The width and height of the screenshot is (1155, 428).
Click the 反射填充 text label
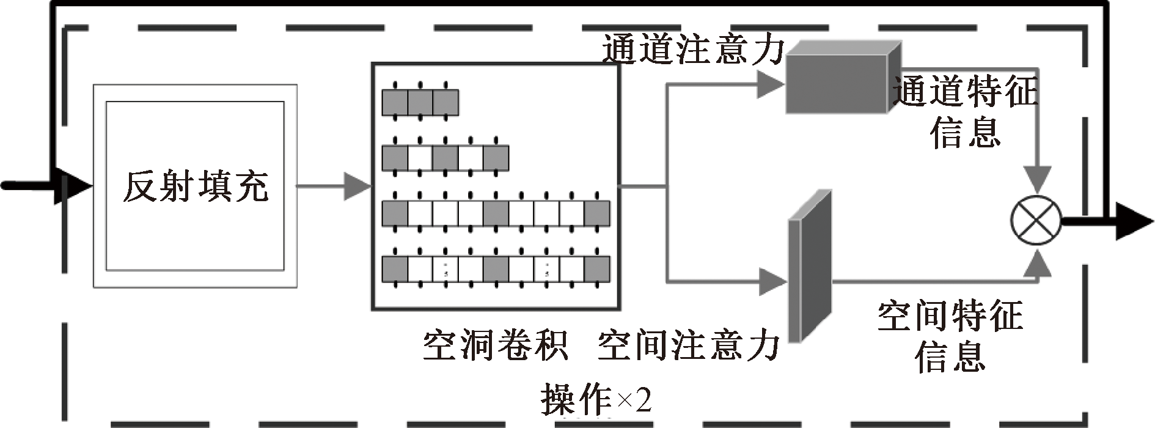pyautogui.click(x=195, y=186)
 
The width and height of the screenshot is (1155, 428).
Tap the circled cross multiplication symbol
pyautogui.click(x=1036, y=222)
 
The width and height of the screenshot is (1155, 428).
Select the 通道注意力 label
pyautogui.click(x=692, y=49)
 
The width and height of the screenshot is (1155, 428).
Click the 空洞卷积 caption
pyautogui.click(x=495, y=346)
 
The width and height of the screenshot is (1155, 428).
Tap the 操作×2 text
pyautogui.click(x=596, y=400)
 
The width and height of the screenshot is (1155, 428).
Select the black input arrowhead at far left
pyautogui.click(x=73, y=186)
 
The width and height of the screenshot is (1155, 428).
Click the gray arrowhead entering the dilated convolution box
pyautogui.click(x=358, y=186)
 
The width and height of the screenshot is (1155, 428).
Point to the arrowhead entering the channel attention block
pyautogui.click(x=770, y=84)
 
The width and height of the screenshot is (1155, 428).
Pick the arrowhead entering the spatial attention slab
pyautogui.click(x=773, y=282)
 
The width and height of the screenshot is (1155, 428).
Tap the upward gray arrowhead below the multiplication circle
pyautogui.click(x=1036, y=263)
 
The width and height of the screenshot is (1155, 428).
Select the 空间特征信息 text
pyautogui.click(x=950, y=336)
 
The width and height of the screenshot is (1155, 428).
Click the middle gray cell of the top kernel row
pyautogui.click(x=420, y=102)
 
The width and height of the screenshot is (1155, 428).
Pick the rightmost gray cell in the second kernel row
pyautogui.click(x=496, y=158)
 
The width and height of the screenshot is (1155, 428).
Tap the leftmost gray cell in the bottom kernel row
pyautogui.click(x=395, y=269)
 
